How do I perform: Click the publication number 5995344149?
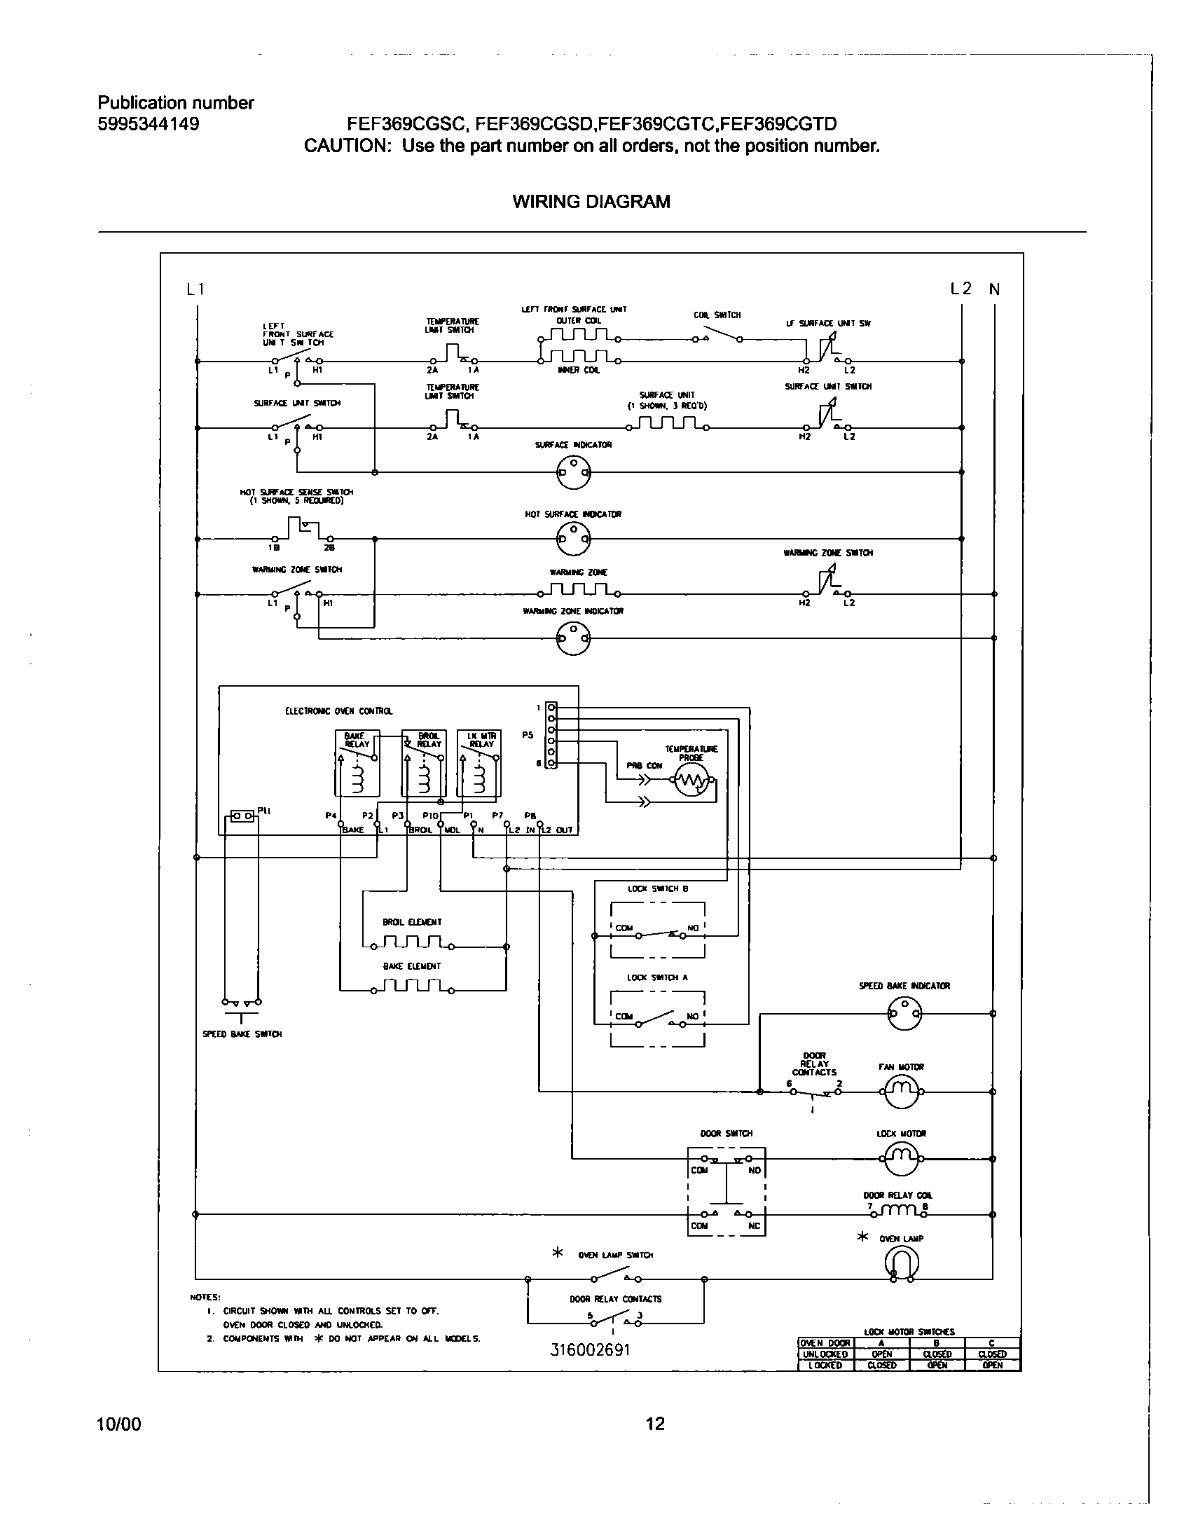pyautogui.click(x=149, y=125)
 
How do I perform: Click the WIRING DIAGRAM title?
pyautogui.click(x=591, y=202)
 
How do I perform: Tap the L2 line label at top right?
pyautogui.click(x=961, y=289)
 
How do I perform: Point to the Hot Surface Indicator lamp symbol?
pyautogui.click(x=574, y=539)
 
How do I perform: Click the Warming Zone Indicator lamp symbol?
pyautogui.click(x=573, y=638)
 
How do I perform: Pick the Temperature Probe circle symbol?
pyautogui.click(x=691, y=781)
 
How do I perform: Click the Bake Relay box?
pyautogui.click(x=357, y=764)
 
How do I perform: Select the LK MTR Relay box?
pyautogui.click(x=480, y=764)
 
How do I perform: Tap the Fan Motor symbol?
pyautogui.click(x=901, y=1092)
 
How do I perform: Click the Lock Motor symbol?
pyautogui.click(x=901, y=1159)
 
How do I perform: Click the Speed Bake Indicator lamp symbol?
pyautogui.click(x=904, y=1013)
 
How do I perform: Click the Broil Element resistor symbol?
pyautogui.click(x=412, y=943)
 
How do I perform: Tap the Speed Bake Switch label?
pyautogui.click(x=242, y=1034)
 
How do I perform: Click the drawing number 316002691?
pyautogui.click(x=591, y=1349)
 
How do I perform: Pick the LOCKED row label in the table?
pyautogui.click(x=825, y=1365)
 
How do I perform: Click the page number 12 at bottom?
pyautogui.click(x=654, y=1424)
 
